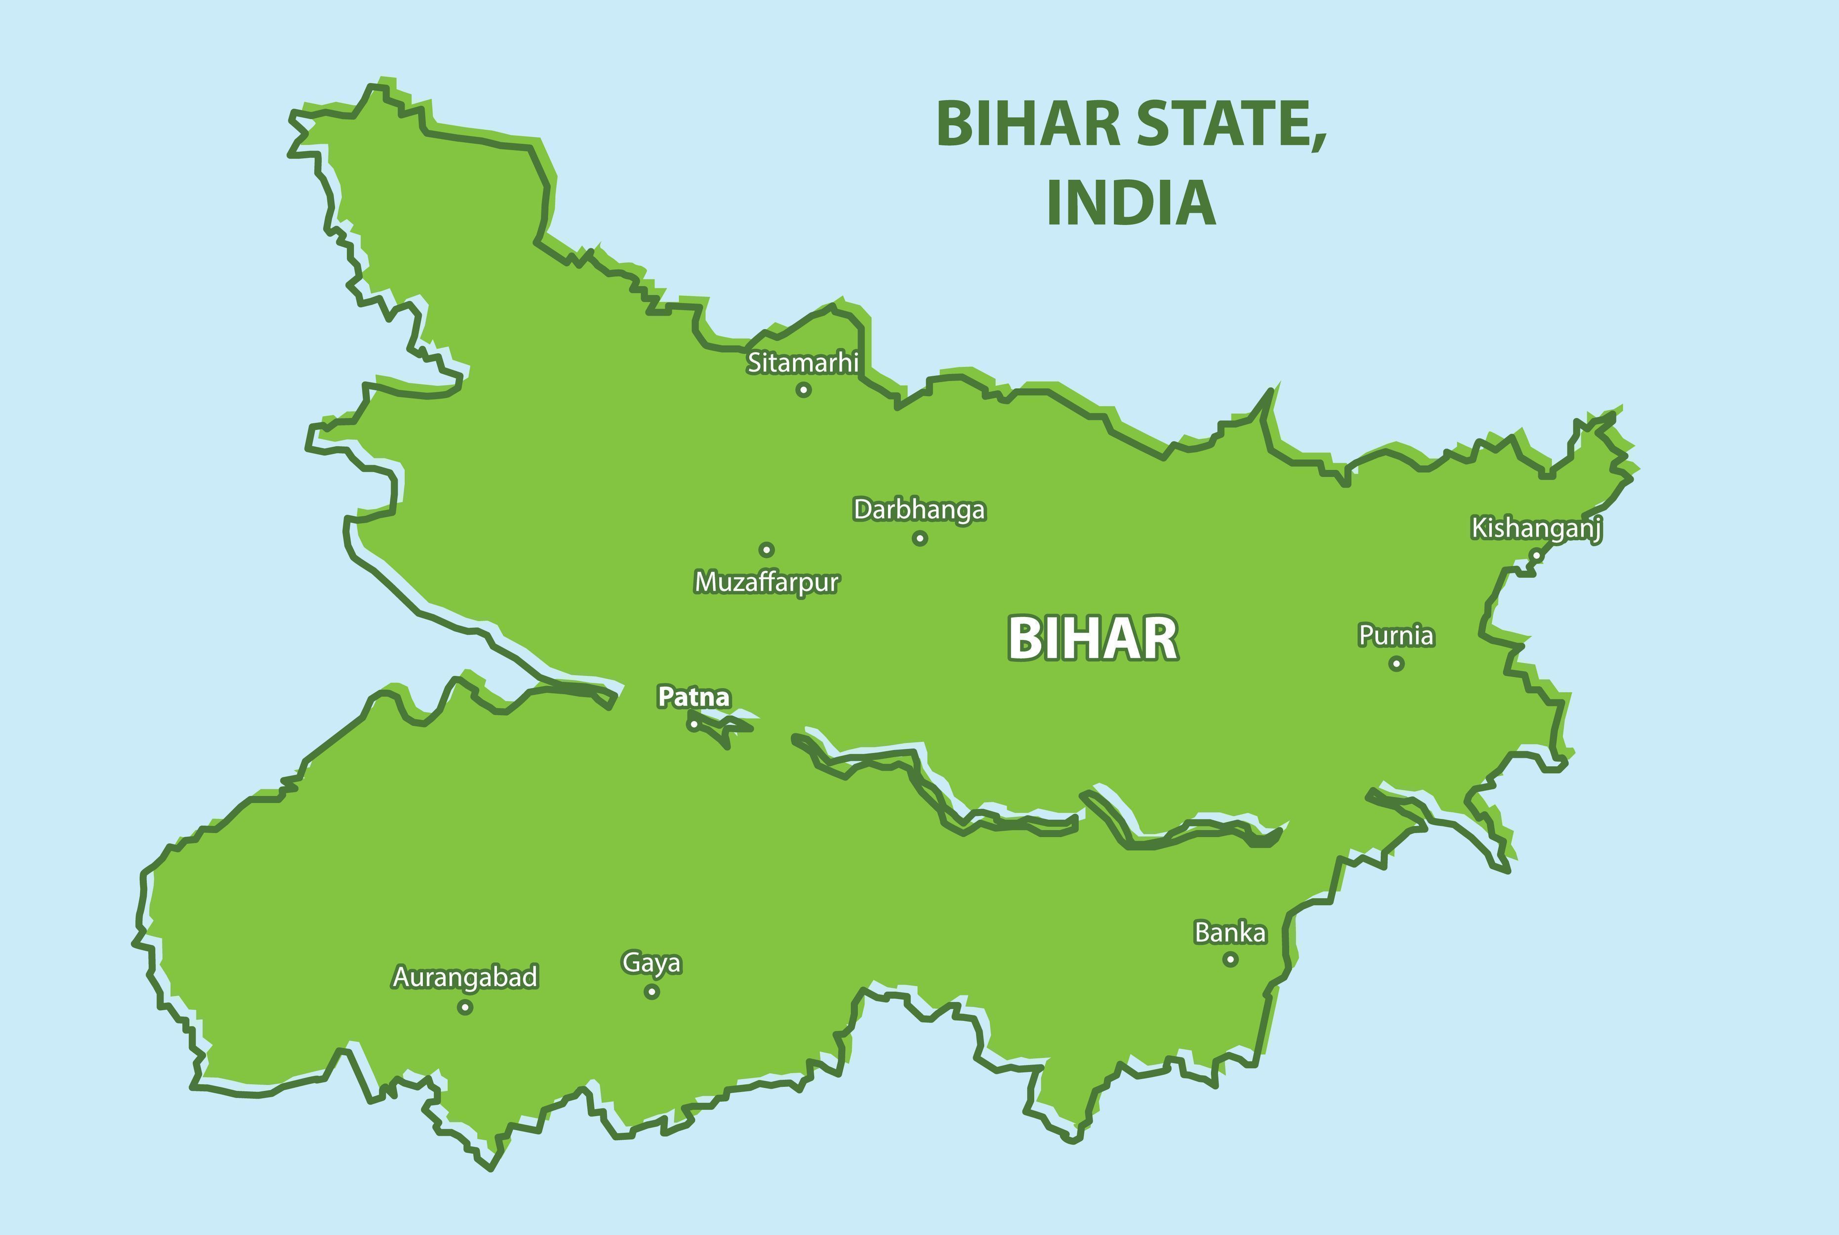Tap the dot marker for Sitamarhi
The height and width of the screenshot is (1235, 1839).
(803, 389)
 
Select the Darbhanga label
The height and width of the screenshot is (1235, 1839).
(919, 510)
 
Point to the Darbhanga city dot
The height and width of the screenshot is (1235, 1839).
(919, 539)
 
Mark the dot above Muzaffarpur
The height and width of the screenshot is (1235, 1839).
(766, 550)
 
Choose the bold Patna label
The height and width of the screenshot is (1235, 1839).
(694, 697)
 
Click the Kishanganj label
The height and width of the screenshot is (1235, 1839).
(1536, 528)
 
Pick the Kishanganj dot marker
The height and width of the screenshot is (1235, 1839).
(1535, 555)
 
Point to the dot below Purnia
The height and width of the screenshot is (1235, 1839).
(1396, 664)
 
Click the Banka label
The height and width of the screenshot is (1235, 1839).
(1230, 933)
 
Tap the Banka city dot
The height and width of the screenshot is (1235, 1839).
(1230, 959)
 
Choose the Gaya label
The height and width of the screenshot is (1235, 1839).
(652, 962)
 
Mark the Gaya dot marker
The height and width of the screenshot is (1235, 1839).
(652, 991)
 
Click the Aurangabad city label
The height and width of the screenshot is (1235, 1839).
(465, 977)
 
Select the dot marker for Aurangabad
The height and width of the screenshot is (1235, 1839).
(465, 1007)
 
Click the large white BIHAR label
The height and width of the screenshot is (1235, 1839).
(1093, 639)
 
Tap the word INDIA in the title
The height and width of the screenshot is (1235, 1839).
(1131, 203)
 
